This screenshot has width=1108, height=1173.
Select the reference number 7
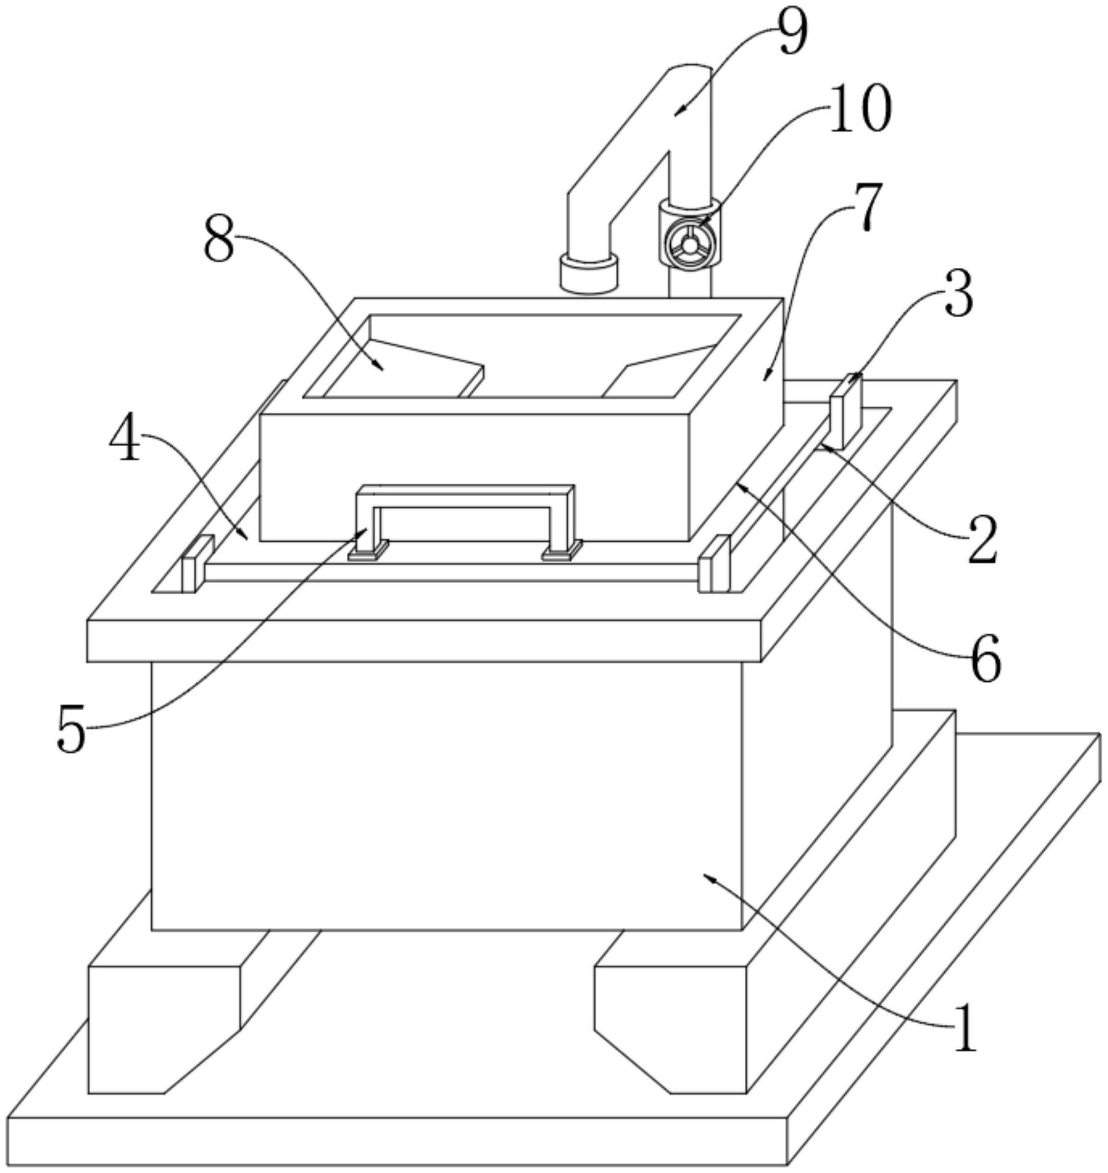click(x=865, y=207)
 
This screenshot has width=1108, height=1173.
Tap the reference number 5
click(x=72, y=730)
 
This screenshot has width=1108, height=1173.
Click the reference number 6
click(x=986, y=659)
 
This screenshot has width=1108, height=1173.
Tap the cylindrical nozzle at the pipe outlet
click(x=590, y=274)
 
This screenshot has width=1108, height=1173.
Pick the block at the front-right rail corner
click(x=714, y=564)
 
